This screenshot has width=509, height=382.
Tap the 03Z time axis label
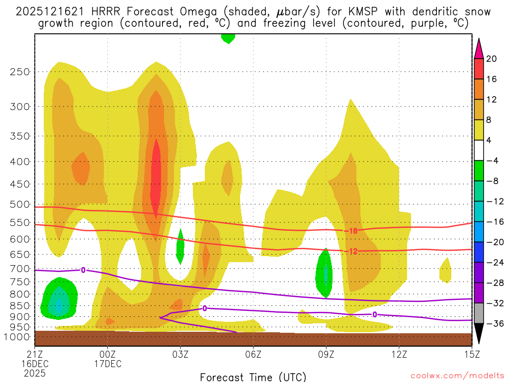pyautogui.click(x=180, y=355)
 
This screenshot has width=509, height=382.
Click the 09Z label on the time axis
pyautogui.click(x=326, y=355)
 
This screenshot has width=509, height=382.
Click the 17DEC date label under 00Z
pyautogui.click(x=108, y=364)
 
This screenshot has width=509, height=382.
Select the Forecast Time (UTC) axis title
pyautogui.click(x=253, y=377)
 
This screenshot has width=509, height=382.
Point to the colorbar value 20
pyautogui.click(x=492, y=59)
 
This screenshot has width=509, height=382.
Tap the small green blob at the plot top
pyautogui.click(x=228, y=38)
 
